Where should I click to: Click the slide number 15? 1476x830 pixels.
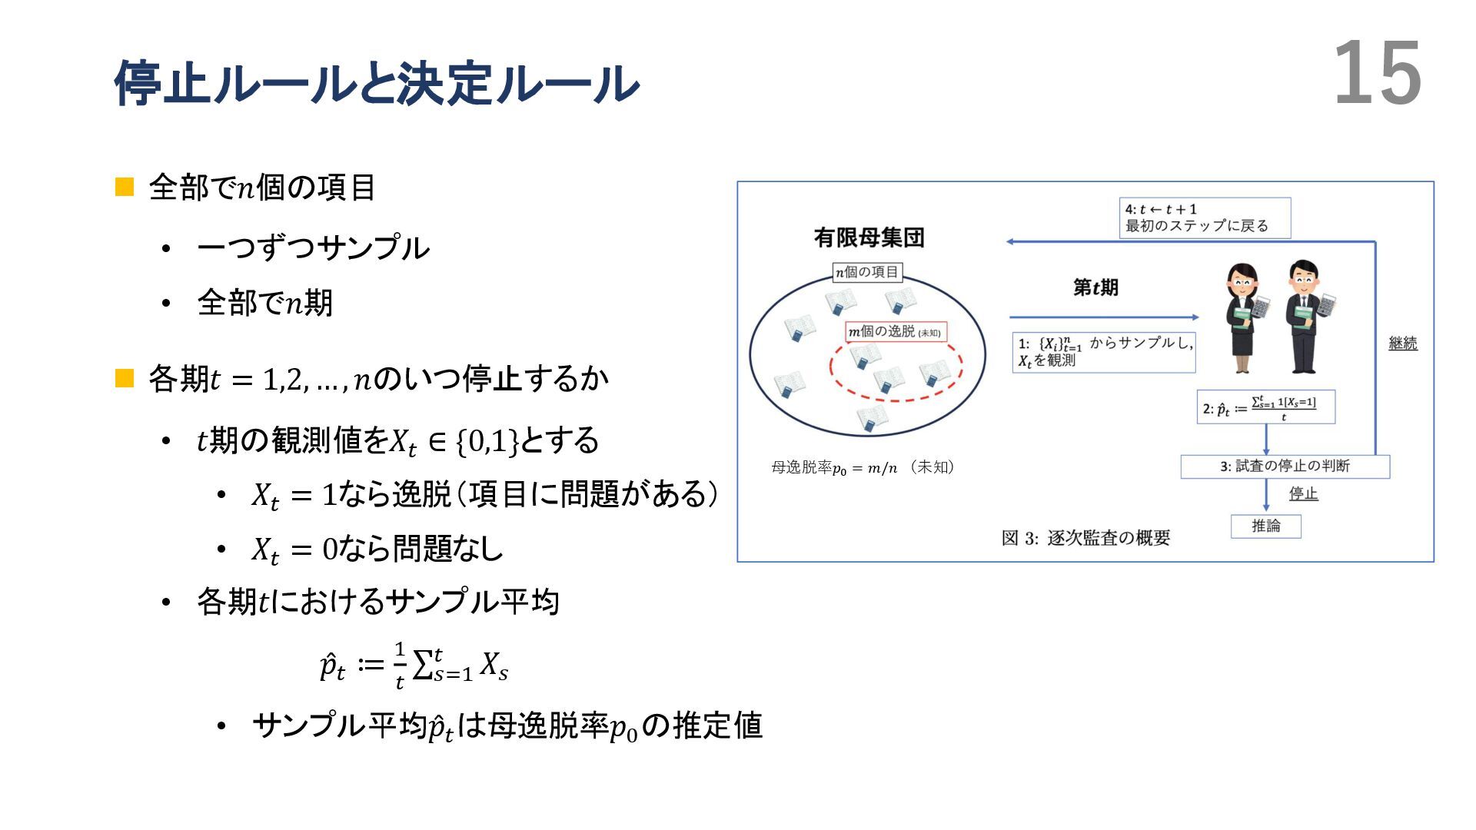(1377, 74)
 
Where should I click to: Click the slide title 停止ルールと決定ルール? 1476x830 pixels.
(376, 83)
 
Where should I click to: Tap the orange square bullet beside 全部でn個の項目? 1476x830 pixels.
(125, 187)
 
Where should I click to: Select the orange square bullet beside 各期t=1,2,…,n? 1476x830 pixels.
(125, 378)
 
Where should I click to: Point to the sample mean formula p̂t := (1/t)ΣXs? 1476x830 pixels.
(414, 666)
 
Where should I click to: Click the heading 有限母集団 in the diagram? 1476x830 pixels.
(869, 237)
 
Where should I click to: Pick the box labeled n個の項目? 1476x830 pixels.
(867, 272)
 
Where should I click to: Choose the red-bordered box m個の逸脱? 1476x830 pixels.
(896, 331)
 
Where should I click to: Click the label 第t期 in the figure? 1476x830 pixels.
(1095, 288)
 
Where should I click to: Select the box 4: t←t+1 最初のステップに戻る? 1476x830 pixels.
(1204, 217)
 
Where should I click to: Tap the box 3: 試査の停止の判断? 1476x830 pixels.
(1285, 466)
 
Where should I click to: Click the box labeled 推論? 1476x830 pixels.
(1265, 526)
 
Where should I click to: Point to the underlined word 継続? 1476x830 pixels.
(1402, 344)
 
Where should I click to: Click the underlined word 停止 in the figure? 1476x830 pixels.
(1303, 493)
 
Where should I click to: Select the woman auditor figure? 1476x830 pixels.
(1244, 317)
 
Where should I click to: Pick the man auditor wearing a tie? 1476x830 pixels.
(1306, 316)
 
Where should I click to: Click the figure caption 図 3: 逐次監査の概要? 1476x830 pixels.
(1085, 538)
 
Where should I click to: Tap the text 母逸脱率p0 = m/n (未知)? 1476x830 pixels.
(863, 467)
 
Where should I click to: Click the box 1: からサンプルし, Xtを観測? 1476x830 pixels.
(1103, 352)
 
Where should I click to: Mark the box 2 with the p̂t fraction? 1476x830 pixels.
(1265, 407)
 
